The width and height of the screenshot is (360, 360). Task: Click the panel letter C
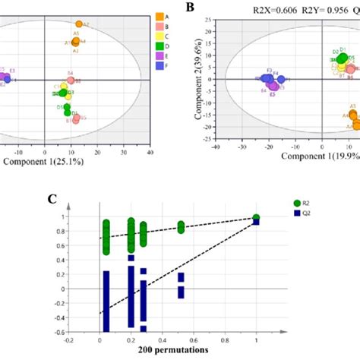[x=52, y=200]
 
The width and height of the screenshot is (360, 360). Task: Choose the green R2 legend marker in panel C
[x=298, y=202]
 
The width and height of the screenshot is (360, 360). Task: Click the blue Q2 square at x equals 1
[x=257, y=221]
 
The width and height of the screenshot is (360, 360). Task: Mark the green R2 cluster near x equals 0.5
[x=181, y=226]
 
